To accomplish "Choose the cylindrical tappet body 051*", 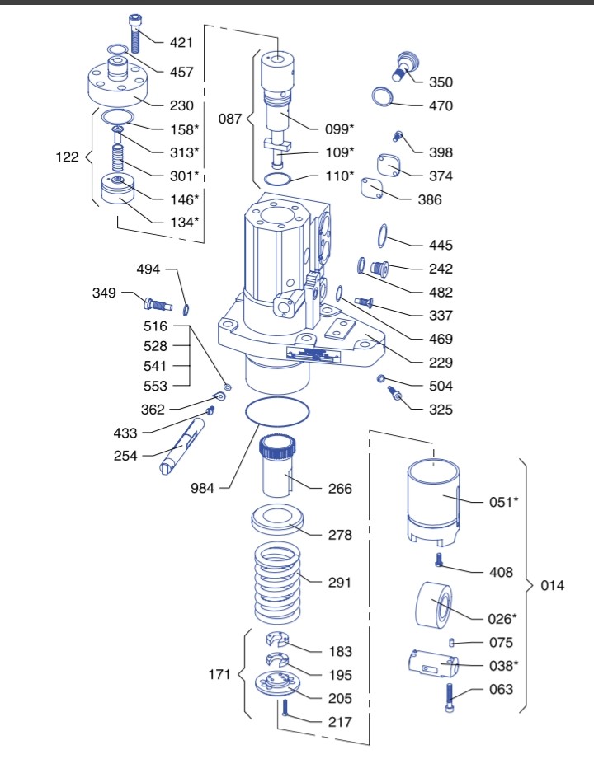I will coord(434,501).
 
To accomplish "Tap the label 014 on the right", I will coord(552,586).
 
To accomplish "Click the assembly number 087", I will coord(230,119).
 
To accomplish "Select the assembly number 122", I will coord(68,157).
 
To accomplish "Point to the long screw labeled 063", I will coord(450,700).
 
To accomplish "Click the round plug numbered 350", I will coord(404,65).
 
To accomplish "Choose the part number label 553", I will coord(155,386).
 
